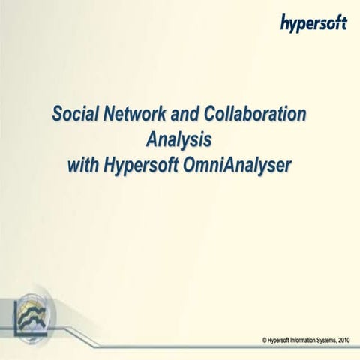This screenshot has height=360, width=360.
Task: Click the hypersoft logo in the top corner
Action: pos(313,23)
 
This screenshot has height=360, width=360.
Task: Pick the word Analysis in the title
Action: pos(179,140)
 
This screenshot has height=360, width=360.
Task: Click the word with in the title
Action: pos(83,164)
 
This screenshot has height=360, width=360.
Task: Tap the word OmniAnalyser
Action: pos(235,164)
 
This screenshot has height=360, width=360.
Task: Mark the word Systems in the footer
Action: pos(330,340)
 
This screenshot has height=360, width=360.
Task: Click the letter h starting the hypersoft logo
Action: pos(286,23)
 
